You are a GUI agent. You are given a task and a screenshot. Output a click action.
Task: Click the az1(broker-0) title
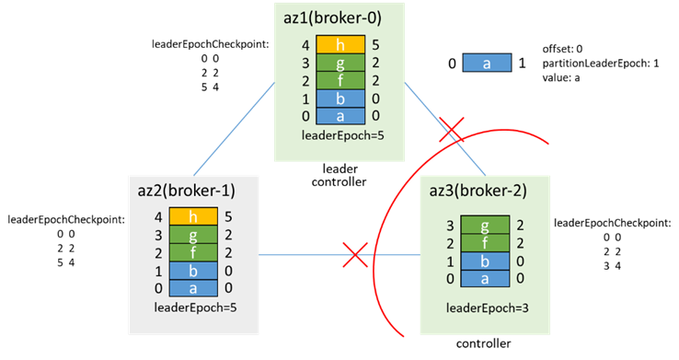pos(332,17)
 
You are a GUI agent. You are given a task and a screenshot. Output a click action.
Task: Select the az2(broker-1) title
pos(187,191)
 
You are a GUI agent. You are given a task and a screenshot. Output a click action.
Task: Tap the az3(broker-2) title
pos(478,191)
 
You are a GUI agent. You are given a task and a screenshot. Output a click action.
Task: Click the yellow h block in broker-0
pos(340,44)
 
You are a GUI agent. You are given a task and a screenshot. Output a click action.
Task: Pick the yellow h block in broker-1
pos(193,216)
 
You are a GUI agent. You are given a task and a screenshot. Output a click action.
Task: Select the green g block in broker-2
pos(485,225)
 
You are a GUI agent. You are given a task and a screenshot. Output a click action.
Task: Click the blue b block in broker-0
pos(340,99)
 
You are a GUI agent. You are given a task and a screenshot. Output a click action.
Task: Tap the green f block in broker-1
pos(193,252)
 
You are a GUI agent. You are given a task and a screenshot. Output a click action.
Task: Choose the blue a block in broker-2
pos(485,279)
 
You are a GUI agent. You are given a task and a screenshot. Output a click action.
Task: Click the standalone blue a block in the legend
pos(487,64)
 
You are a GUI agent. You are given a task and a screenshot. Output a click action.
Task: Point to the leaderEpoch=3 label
pos(487,308)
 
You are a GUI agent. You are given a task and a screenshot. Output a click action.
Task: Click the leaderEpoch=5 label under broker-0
pos(342,135)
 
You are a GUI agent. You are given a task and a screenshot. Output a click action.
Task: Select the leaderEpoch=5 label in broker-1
pos(195,308)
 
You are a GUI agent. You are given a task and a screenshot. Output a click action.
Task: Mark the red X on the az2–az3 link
pos(355,255)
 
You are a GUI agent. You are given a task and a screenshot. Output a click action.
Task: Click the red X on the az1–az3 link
pos(452,130)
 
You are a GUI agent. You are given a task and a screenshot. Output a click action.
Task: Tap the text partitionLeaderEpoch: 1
pos(601,64)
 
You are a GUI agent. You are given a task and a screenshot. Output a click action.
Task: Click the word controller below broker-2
pos(483,343)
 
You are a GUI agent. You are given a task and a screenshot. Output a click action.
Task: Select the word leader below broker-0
pos(339,168)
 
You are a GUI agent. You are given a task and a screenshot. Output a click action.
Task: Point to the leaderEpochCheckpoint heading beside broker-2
pos(613,223)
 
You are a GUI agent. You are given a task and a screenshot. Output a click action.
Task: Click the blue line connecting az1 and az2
pos(235,129)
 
